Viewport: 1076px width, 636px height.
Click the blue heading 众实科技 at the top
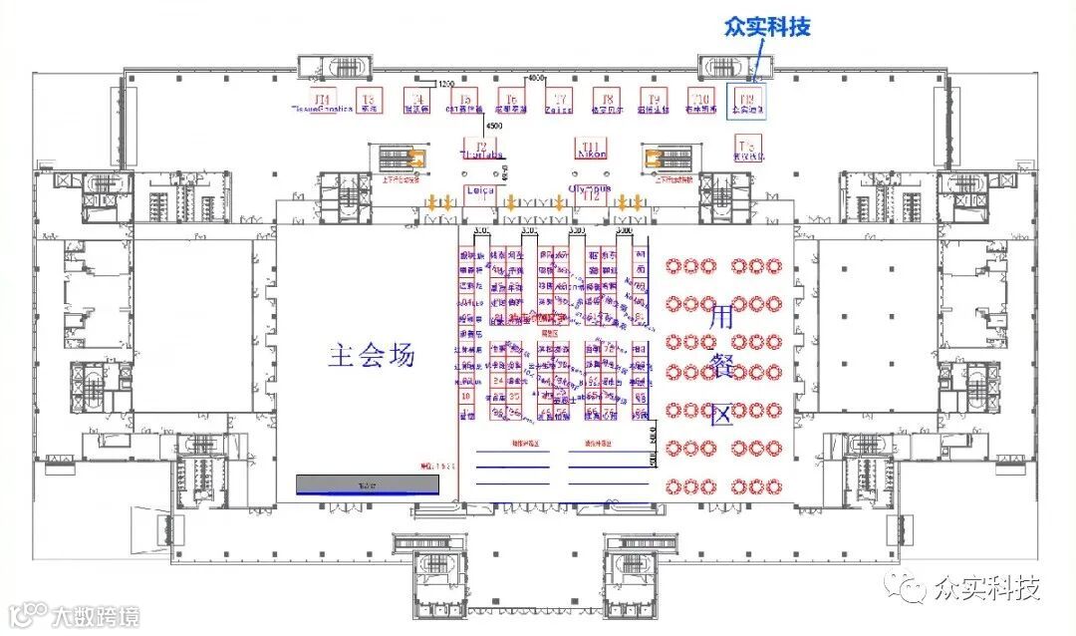click(x=767, y=27)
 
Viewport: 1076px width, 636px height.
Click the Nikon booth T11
click(x=592, y=151)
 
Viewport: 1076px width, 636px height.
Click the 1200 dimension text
click(x=445, y=84)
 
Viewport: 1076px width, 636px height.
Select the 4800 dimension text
click(x=537, y=78)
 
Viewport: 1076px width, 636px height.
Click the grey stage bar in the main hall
click(x=368, y=483)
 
